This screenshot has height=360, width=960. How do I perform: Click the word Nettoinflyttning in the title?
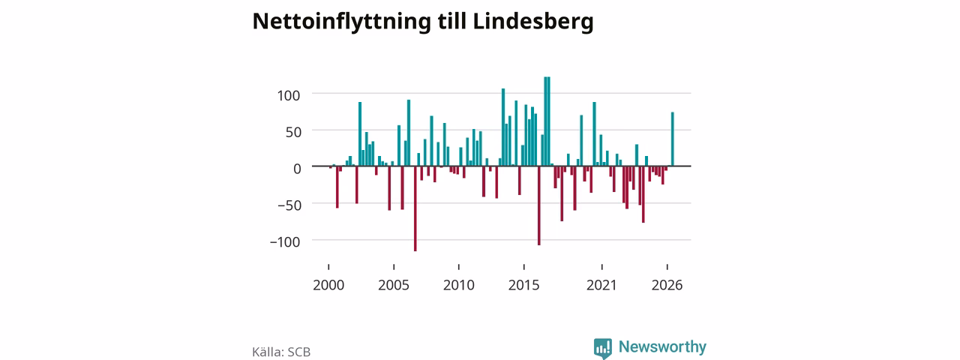(x=341, y=22)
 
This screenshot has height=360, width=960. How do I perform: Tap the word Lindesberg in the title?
(x=533, y=22)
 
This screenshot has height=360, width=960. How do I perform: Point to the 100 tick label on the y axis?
(x=289, y=95)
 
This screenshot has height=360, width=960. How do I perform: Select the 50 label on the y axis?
(x=293, y=132)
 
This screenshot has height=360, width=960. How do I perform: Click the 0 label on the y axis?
(x=297, y=169)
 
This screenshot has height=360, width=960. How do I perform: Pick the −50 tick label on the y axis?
(x=289, y=205)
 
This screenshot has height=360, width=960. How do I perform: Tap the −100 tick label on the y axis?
(x=285, y=242)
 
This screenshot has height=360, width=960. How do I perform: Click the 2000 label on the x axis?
(x=328, y=285)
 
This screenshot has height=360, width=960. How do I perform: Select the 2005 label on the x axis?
(x=394, y=285)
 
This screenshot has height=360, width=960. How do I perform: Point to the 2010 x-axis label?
(x=458, y=285)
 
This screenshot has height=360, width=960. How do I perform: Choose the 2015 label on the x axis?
(x=523, y=285)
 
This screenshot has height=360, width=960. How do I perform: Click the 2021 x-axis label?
(x=601, y=285)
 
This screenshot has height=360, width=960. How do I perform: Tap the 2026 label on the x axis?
(x=667, y=285)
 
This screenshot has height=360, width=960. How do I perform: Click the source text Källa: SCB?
(x=281, y=352)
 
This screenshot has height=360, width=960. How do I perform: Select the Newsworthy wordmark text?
(x=662, y=346)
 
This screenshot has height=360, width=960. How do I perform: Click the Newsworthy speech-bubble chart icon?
(x=603, y=348)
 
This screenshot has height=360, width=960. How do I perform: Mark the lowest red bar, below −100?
(x=415, y=208)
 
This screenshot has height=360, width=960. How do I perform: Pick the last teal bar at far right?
(x=673, y=139)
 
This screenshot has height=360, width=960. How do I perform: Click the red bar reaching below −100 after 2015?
(x=539, y=205)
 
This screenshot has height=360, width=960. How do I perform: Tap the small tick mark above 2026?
(x=667, y=267)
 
